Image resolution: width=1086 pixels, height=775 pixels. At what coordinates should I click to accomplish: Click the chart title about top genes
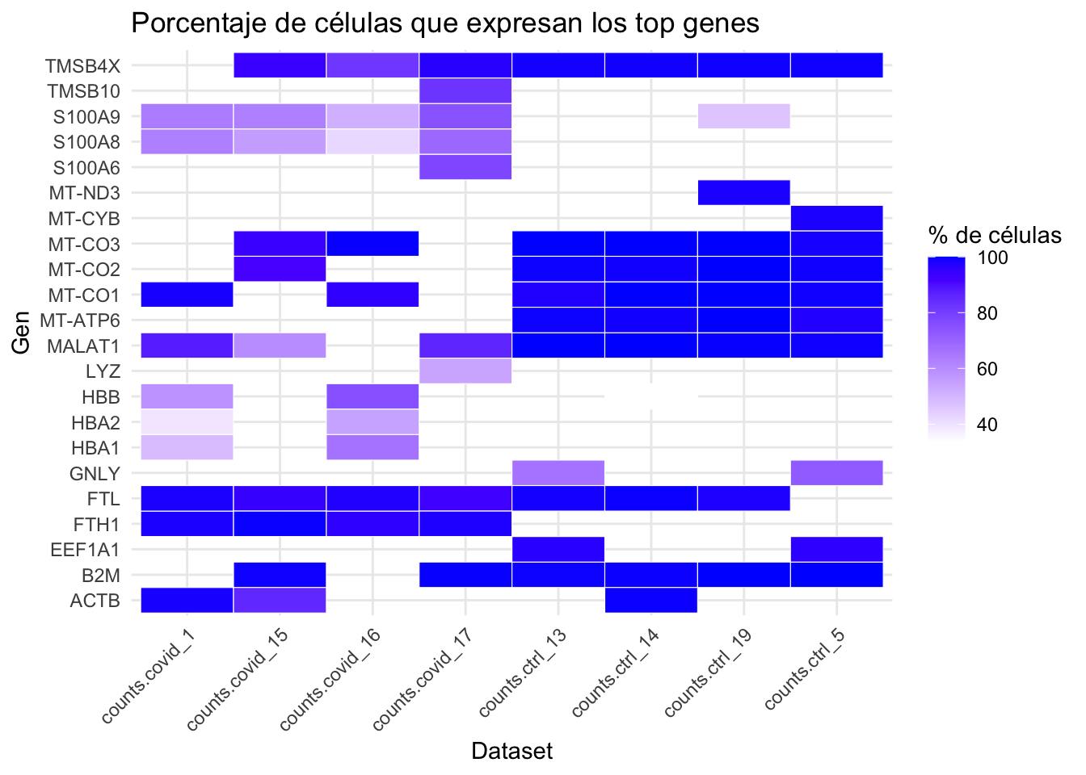pos(444,23)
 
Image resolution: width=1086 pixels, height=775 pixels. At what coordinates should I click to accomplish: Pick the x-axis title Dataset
pos(511,751)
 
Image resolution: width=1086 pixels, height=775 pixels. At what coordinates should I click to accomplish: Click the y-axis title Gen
pos(22,333)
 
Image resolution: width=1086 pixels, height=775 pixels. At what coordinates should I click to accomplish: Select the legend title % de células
pos(994,235)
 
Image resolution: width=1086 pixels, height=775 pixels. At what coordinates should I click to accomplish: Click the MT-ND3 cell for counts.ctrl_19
pos(743,193)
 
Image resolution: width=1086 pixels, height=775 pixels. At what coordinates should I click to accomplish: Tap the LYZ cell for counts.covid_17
pos(465,371)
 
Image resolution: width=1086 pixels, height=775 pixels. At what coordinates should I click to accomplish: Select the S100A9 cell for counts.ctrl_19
pos(743,116)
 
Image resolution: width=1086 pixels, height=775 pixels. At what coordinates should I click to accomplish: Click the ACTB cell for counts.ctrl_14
pos(650,601)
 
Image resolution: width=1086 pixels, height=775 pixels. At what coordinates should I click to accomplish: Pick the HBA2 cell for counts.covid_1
pos(187,422)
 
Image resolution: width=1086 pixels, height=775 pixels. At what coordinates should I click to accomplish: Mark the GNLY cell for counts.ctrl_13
pos(558,473)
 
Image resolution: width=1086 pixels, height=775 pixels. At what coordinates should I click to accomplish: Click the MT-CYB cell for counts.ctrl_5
pos(836,218)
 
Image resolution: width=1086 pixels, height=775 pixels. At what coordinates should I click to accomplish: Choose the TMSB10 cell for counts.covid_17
pos(465,90)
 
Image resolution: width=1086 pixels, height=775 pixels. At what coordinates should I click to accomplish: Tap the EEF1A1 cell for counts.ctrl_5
pos(836,550)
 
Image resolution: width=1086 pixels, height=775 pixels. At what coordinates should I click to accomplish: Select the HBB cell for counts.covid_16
pos(372,396)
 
